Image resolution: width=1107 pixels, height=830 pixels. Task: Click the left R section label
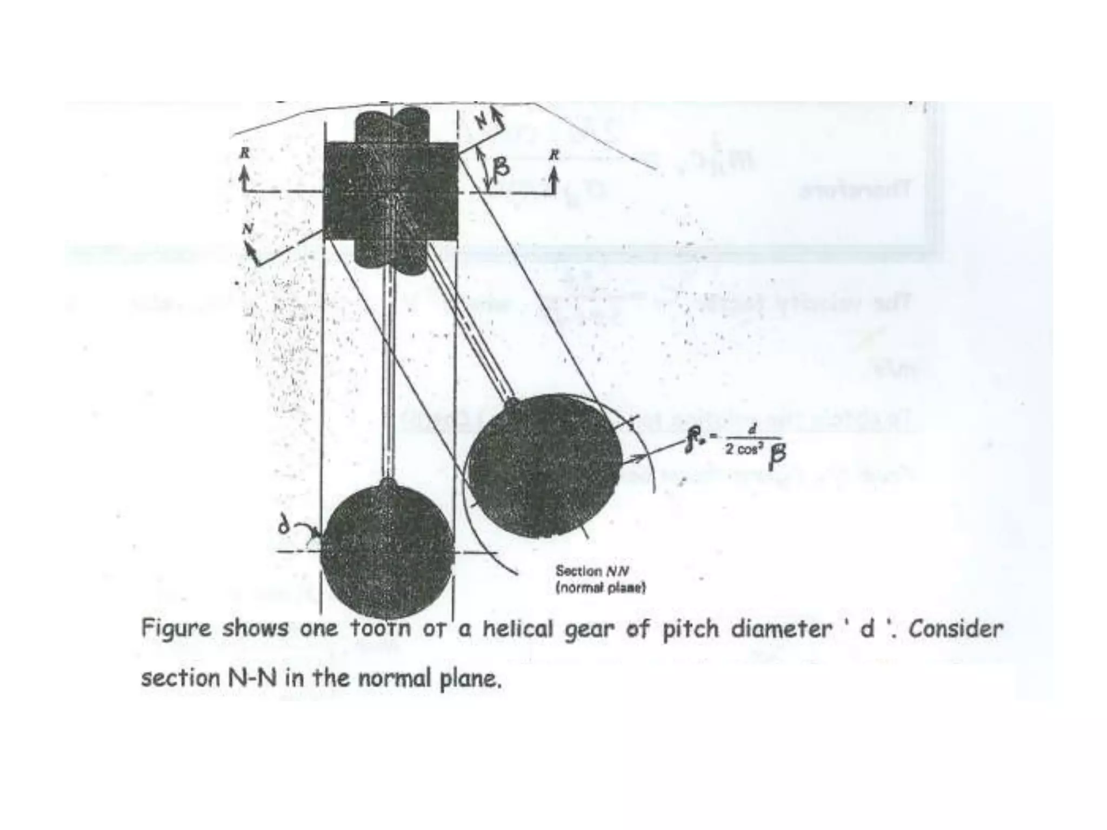(x=245, y=153)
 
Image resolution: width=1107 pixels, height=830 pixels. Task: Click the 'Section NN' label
(x=592, y=571)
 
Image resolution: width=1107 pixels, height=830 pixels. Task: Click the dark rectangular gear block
(x=390, y=191)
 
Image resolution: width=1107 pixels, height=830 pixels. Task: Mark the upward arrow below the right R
(x=552, y=179)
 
